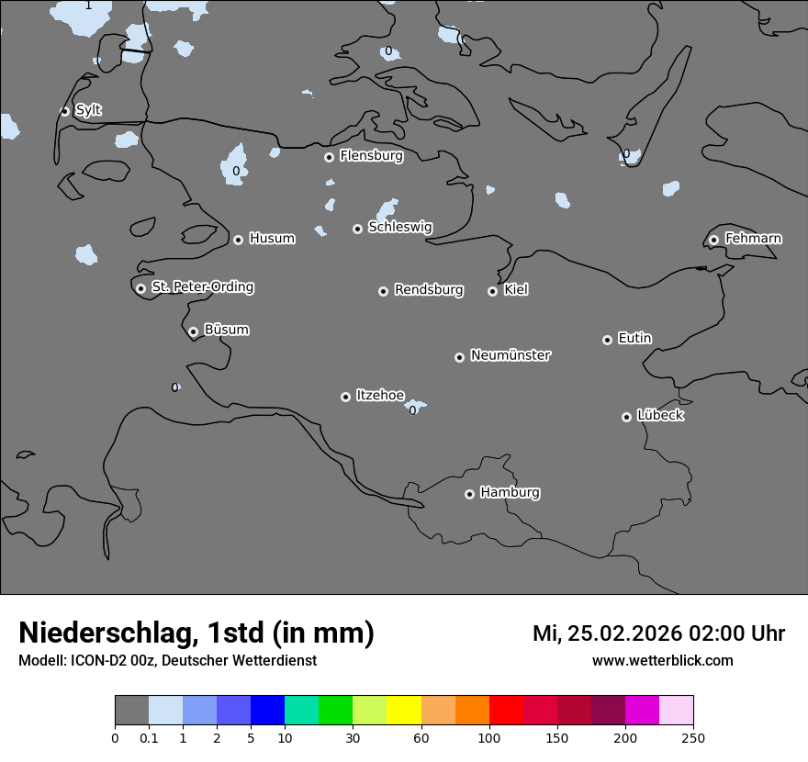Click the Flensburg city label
371,156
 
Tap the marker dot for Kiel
492,291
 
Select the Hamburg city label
510,493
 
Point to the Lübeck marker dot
626,417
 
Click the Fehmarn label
753,239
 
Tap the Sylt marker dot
64,111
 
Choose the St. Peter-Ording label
202,287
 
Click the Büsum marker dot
193,331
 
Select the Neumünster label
511,355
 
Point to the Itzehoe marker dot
345,397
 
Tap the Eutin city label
634,339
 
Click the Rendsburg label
429,290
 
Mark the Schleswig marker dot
357,229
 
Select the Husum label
272,239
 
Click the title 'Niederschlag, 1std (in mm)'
196,633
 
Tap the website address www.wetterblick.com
662,660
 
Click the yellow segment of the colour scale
404,711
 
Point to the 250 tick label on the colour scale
693,737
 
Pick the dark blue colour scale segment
267,711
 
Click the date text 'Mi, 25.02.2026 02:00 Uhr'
658,633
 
